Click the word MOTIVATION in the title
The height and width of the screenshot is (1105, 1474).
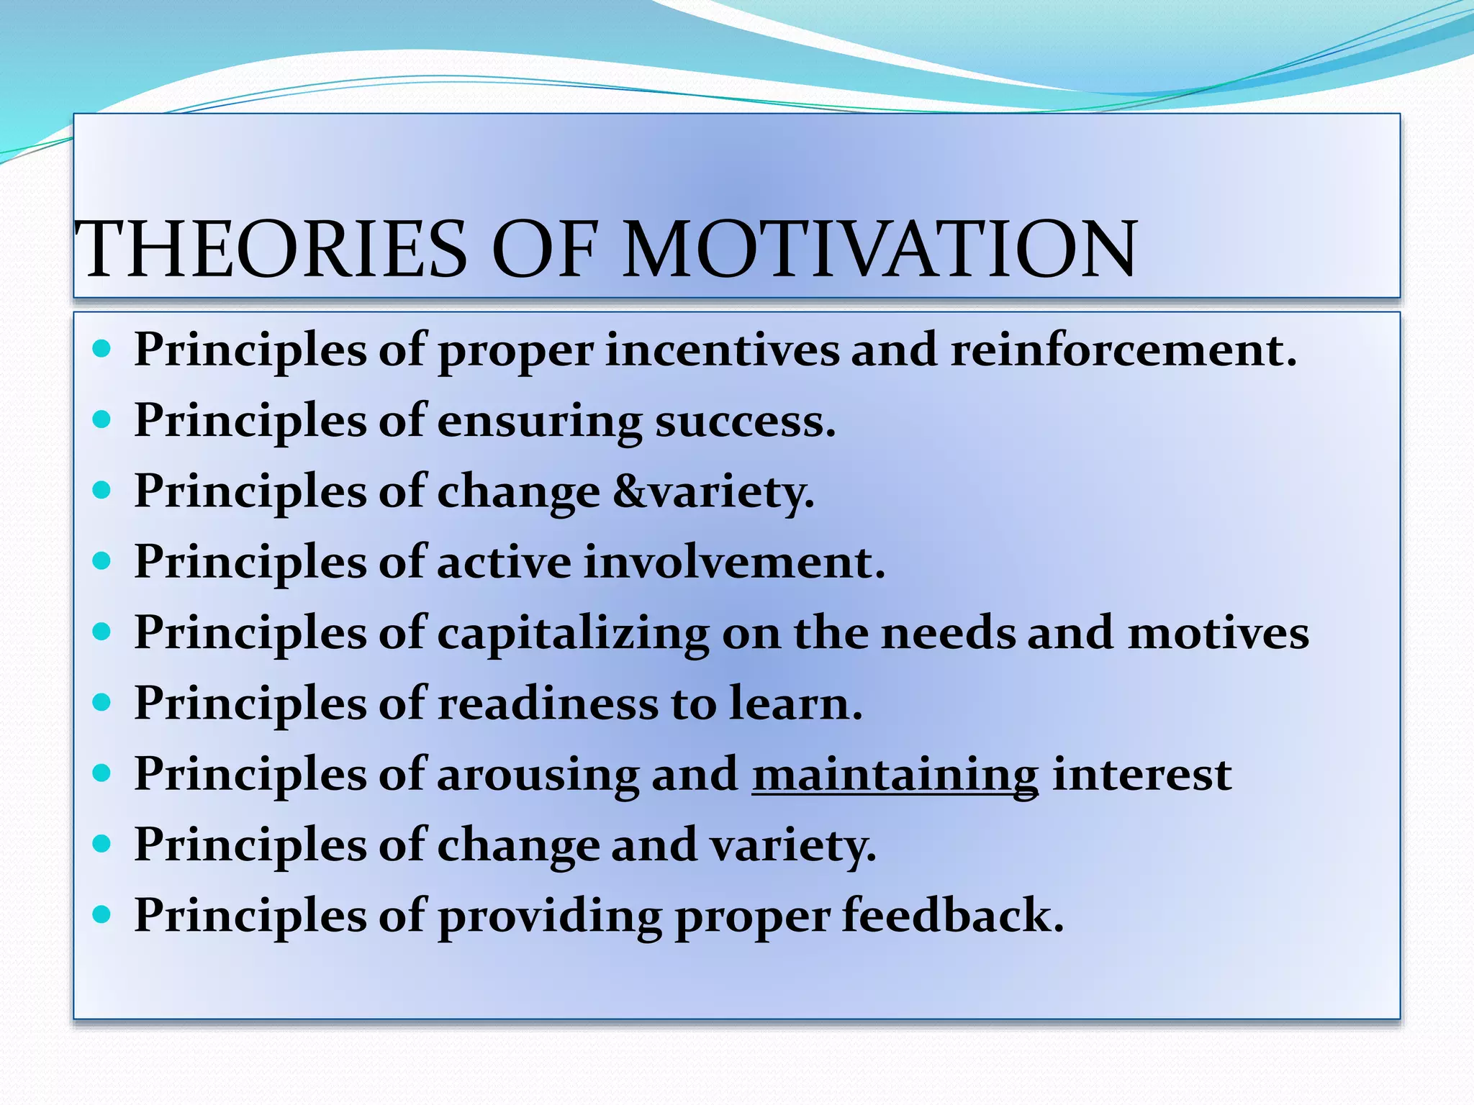point(879,249)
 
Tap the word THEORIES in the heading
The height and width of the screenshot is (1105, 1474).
point(271,249)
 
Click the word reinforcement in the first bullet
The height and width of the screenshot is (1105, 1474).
point(1123,350)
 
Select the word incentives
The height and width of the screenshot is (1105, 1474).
point(722,350)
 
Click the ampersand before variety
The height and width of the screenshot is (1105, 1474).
point(630,491)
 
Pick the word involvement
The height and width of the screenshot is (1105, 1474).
point(734,561)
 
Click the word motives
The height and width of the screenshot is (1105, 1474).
point(1218,633)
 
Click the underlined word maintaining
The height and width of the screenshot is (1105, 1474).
point(895,776)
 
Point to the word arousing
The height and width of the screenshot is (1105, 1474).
point(537,776)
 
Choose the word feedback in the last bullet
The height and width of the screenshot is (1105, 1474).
point(952,916)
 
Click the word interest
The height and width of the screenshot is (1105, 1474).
point(1141,775)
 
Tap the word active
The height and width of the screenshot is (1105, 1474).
point(504,561)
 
